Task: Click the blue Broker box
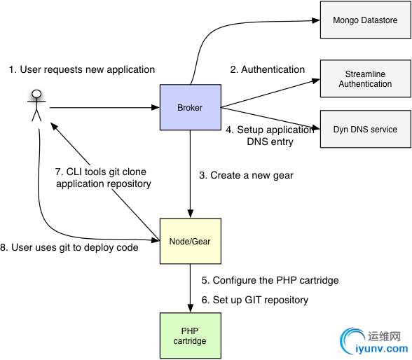pos(191,107)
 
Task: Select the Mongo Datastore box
pos(366,20)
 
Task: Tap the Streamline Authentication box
pos(366,78)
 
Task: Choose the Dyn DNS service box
pos(366,129)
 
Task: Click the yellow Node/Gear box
pos(191,241)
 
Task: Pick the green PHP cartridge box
pos(191,335)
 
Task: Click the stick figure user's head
pos(36,94)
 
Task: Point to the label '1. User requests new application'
pos(82,69)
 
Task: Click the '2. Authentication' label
pos(268,69)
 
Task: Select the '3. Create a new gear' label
pos(246,175)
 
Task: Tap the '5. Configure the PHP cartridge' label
pos(270,280)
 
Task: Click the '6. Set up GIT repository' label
pos(255,300)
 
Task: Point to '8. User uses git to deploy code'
pos(69,247)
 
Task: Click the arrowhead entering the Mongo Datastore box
pos(316,20)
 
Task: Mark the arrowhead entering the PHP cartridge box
pos(191,308)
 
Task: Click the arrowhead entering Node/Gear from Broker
pos(191,214)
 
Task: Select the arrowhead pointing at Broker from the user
pos(156,107)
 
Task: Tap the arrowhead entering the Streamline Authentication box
pos(316,81)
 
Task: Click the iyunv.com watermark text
pos(381,349)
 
